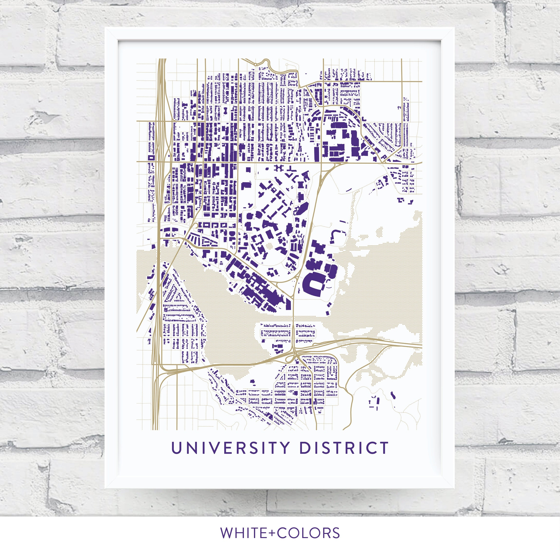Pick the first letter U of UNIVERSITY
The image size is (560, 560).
tap(176, 448)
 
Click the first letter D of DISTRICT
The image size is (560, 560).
tap(304, 448)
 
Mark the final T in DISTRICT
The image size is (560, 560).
tap(384, 448)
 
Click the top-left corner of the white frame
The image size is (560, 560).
tap(106, 28)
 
